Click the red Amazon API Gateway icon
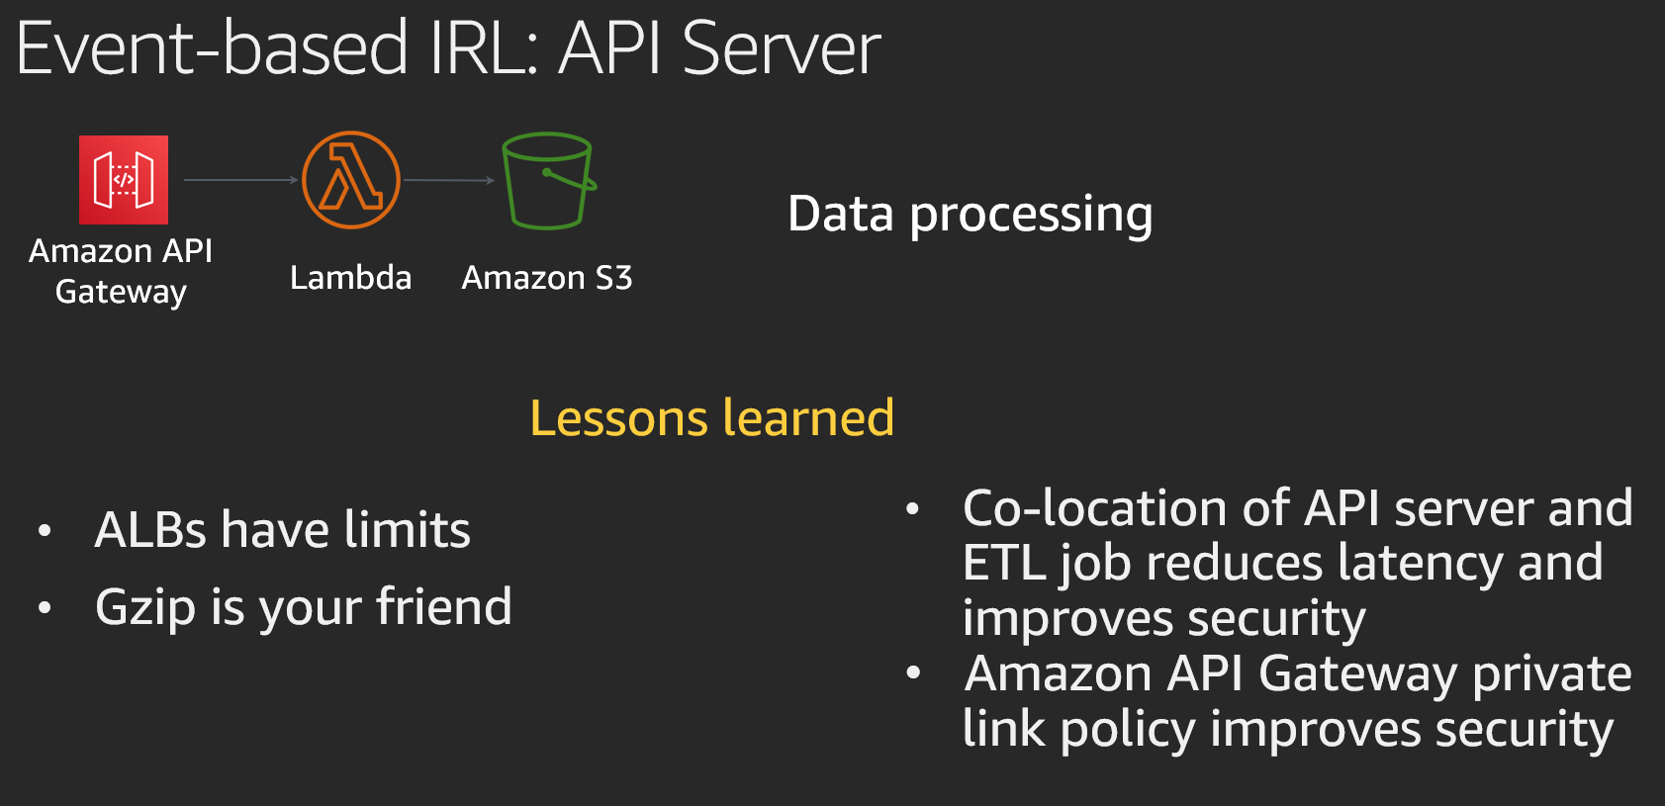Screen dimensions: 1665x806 coord(124,180)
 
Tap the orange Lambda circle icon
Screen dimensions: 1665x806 coord(351,180)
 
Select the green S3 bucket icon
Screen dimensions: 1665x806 coord(549,181)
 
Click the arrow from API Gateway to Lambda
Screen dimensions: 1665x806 coord(240,180)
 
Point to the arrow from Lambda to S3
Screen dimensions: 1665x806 coord(449,180)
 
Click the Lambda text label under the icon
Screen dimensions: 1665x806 coord(351,278)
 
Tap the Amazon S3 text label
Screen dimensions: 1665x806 coord(547,278)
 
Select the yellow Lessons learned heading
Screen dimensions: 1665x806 coord(712,417)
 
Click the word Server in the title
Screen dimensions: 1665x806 coord(782,49)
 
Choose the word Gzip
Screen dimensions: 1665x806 coord(145,608)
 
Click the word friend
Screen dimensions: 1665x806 coord(444,606)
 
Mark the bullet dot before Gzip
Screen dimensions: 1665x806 coord(45,607)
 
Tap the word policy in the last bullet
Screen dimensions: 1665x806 coord(1129,730)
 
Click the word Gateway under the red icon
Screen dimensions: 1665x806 coord(121,292)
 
